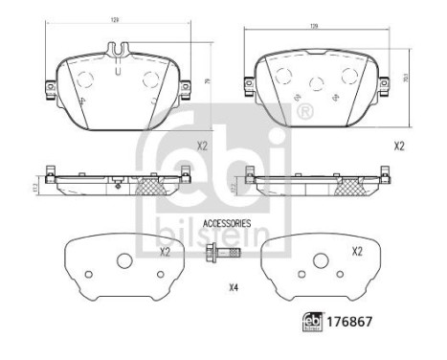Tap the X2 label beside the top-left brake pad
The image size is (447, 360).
[202, 146]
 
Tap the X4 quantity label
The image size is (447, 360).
[234, 287]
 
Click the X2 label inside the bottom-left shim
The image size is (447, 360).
[164, 252]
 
